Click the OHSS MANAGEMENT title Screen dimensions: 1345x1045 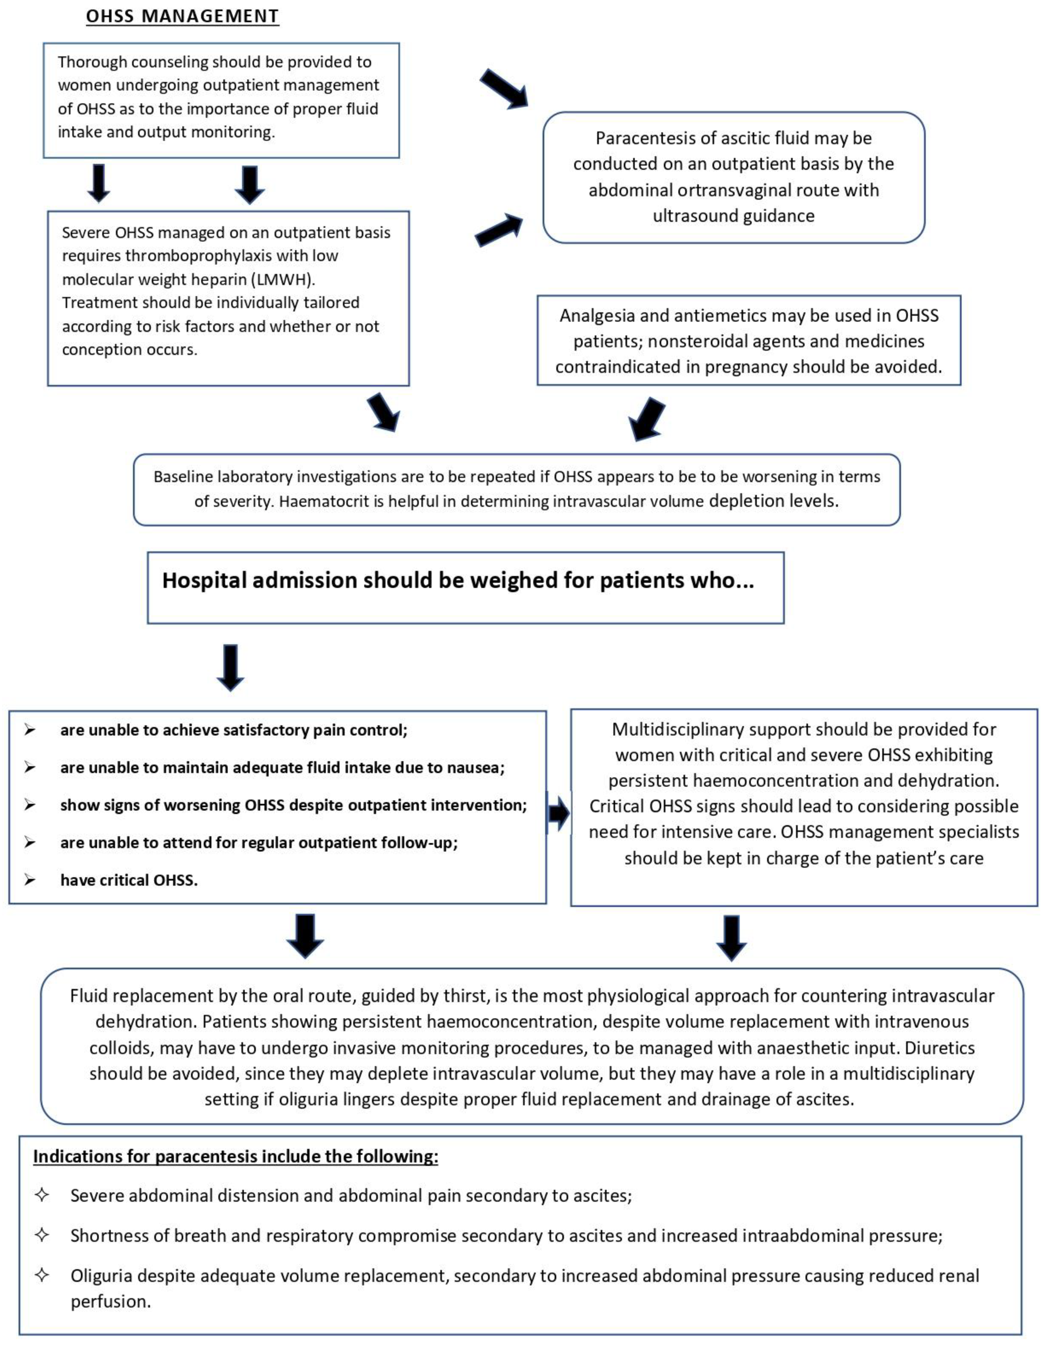182,17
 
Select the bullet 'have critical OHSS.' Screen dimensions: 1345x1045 129,881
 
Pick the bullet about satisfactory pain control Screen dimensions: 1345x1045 234,731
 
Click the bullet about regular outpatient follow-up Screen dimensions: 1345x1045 259,843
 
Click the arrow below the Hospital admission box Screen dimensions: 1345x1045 230,668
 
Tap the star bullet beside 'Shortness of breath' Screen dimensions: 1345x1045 42,1235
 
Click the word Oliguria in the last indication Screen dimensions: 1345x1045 101,1276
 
